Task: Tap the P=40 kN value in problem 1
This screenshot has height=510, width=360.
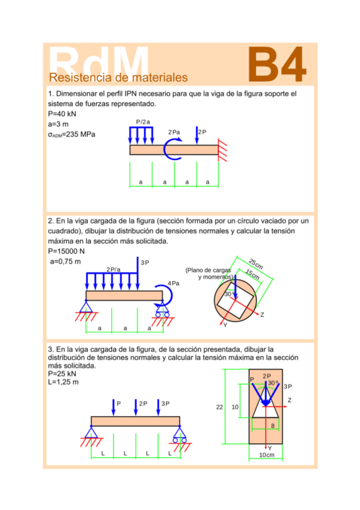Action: [61, 114]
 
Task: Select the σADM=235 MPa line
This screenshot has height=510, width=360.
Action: [71, 134]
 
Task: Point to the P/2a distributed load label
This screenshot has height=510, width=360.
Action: [143, 121]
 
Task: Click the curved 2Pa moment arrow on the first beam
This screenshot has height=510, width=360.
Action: [174, 148]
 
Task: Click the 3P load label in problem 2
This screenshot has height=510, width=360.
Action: [145, 263]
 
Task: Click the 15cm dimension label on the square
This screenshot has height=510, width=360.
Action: [253, 275]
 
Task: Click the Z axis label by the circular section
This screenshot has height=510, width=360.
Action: [262, 315]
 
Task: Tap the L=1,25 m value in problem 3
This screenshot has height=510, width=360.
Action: [63, 382]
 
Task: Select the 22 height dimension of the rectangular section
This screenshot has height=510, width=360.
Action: [219, 407]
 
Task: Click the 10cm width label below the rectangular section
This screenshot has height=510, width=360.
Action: [266, 455]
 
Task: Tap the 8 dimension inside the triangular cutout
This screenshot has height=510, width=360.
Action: [273, 425]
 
